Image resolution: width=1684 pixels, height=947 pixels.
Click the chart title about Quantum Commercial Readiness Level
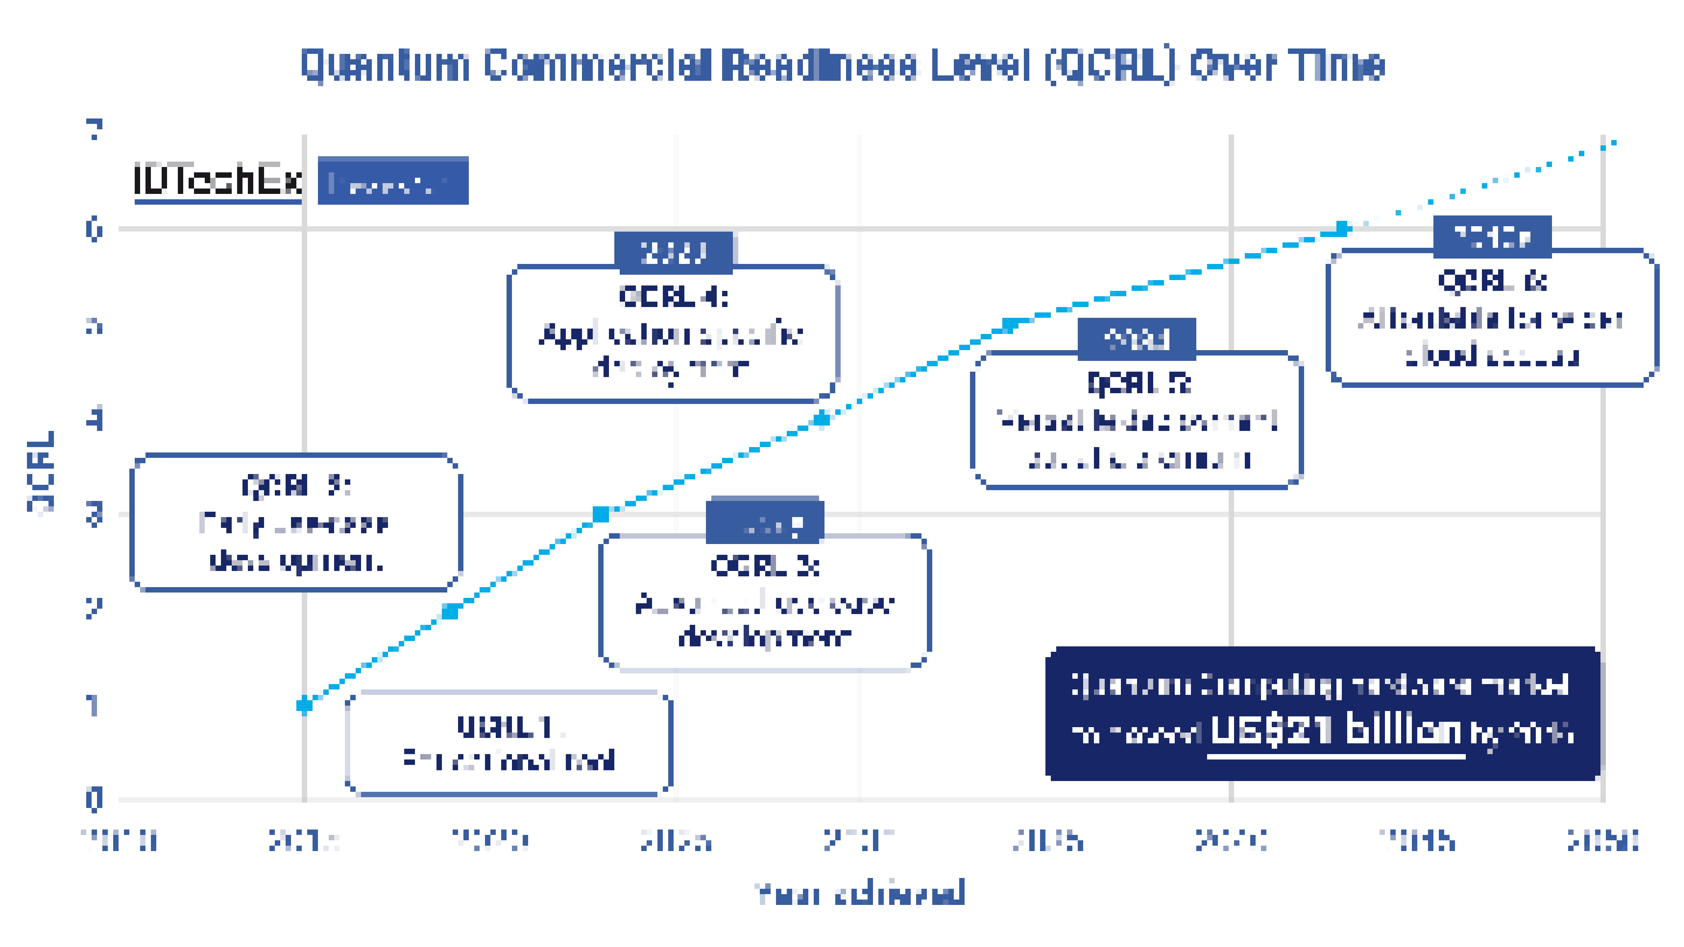[842, 65]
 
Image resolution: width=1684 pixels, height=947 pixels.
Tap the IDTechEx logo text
[218, 180]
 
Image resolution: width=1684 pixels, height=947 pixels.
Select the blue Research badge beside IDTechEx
[393, 181]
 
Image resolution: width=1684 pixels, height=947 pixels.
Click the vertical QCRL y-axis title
[40, 472]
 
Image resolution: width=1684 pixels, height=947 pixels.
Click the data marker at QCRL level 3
[601, 514]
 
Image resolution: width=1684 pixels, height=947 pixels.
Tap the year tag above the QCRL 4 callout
[673, 252]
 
